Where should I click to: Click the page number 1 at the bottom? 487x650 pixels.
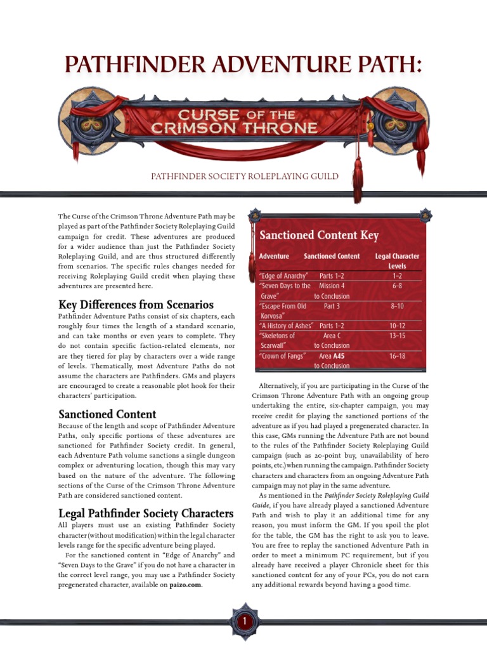243,624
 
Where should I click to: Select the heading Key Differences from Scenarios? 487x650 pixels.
136,304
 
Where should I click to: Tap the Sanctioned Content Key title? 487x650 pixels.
319,235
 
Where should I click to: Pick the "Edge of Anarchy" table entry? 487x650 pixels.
284,276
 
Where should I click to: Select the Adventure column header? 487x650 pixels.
274,256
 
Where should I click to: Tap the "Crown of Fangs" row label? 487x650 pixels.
282,356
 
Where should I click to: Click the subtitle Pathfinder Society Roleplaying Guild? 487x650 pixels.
243,176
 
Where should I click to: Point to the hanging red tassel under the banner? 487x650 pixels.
357,181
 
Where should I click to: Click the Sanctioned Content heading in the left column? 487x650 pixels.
107,415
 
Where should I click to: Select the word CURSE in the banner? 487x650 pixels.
200,115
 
